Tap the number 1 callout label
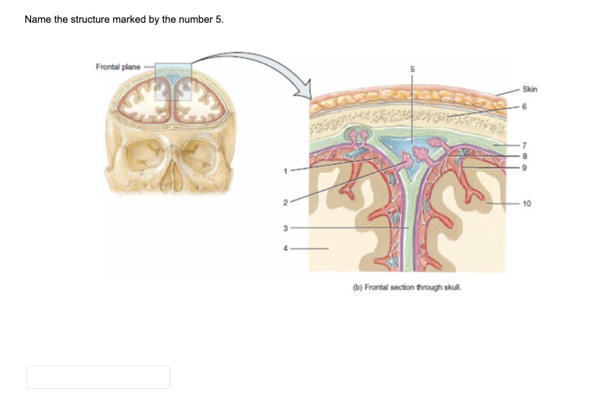coord(286,171)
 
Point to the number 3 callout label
coord(286,228)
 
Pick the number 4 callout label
coord(286,248)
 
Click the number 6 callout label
coord(524,106)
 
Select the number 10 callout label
coord(526,203)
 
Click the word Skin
coord(530,89)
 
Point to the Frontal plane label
coord(118,66)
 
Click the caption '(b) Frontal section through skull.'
coord(407,288)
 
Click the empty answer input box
coord(98,377)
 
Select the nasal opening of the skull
coord(171,177)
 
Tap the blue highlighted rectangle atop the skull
coord(173,81)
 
